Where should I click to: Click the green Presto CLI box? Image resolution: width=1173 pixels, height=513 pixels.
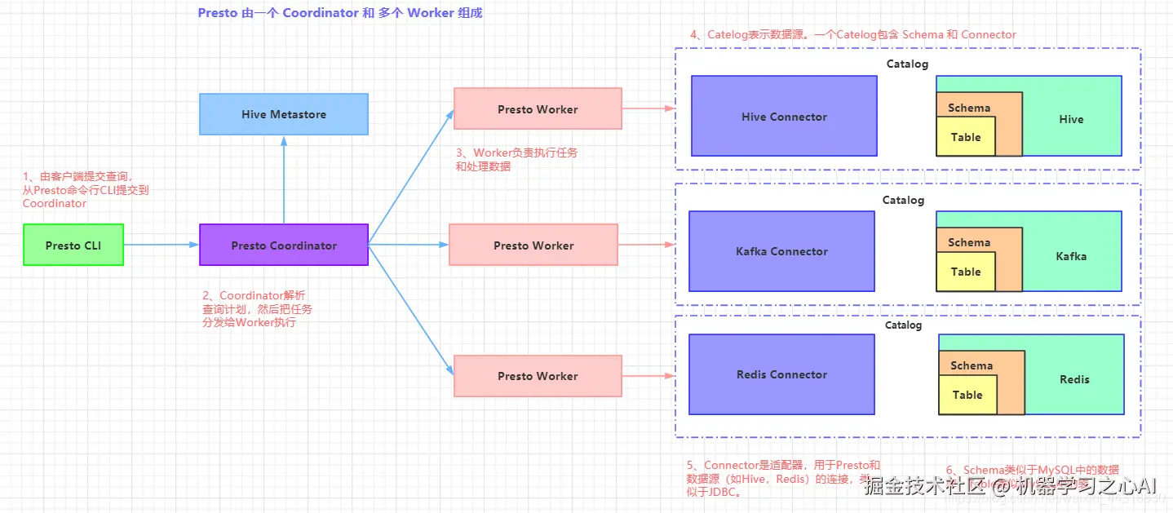coord(73,245)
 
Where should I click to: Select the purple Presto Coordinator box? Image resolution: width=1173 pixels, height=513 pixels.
coord(284,245)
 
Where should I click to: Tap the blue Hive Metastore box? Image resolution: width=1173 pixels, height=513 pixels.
coord(284,114)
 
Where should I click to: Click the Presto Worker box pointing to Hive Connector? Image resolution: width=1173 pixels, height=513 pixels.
coord(538,109)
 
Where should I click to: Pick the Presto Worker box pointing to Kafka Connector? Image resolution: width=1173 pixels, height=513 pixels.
coord(533,245)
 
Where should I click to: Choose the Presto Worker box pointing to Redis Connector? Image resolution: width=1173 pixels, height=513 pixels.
coord(538,376)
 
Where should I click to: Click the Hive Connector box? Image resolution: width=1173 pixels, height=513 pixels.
coord(784,116)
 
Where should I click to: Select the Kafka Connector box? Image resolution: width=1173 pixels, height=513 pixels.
coord(781,251)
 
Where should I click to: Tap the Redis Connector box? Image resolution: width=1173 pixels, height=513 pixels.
coord(781,374)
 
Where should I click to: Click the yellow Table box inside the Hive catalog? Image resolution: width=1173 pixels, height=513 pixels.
coord(966,137)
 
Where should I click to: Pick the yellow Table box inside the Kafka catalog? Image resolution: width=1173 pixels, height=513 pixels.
coord(966,272)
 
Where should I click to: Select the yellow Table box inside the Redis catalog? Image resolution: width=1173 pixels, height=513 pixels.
coord(967,395)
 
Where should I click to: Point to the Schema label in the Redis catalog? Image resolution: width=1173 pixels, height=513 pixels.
coord(972,365)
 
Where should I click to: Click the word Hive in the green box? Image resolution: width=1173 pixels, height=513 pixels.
coord(1071,119)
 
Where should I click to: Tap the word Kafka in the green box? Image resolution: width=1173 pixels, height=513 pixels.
coord(1071,255)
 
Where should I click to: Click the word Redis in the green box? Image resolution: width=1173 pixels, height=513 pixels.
coord(1074,379)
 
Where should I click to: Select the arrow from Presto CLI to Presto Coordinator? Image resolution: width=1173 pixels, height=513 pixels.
coord(162,245)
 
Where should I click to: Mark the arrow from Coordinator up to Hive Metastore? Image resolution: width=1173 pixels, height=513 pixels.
coord(284,179)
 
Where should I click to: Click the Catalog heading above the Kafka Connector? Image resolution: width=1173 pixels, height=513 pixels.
coord(903,200)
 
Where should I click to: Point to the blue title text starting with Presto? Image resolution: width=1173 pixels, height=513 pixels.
coord(340,13)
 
